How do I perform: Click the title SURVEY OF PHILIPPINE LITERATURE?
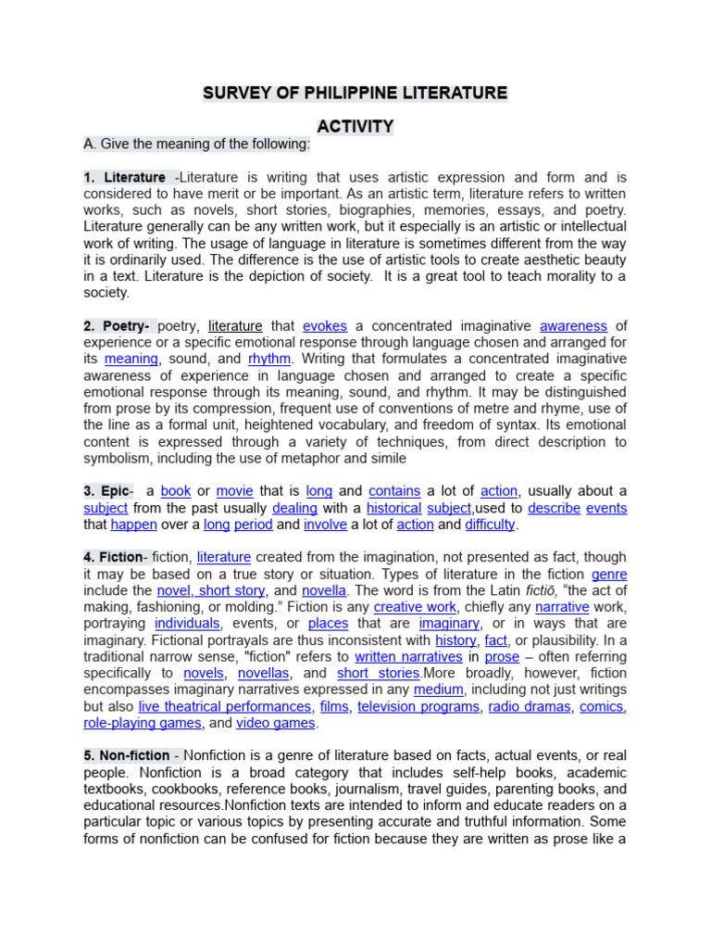click(355, 93)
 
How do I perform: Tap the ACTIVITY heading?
click(355, 126)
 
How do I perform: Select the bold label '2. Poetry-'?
click(118, 326)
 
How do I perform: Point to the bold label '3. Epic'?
click(107, 491)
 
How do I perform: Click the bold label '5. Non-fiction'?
click(127, 755)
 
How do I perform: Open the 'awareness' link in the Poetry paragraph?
click(573, 326)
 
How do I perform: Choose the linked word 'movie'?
click(234, 491)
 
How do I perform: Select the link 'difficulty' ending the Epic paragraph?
click(490, 525)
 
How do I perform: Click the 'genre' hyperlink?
click(609, 575)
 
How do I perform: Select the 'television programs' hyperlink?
click(418, 706)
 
